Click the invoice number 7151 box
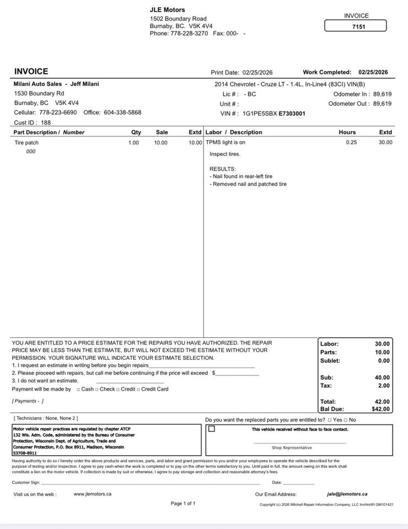pyautogui.click(x=356, y=26)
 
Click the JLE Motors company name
pyautogui.click(x=168, y=10)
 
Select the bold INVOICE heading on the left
pyautogui.click(x=31, y=72)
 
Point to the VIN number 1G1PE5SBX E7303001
pyautogui.click(x=273, y=114)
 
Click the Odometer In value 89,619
pyautogui.click(x=382, y=94)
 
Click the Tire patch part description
pyautogui.click(x=26, y=143)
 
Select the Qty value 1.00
pyautogui.click(x=133, y=143)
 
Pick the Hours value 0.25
pyautogui.click(x=351, y=143)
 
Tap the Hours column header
pyautogui.click(x=347, y=132)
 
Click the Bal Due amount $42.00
pyautogui.click(x=380, y=409)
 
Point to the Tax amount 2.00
pyautogui.click(x=383, y=386)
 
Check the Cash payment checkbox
pyautogui.click(x=78, y=390)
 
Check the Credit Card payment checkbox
pyautogui.click(x=138, y=390)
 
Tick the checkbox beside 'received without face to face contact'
pyautogui.click(x=212, y=429)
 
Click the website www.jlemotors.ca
pyautogui.click(x=93, y=494)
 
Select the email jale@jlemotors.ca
pyautogui.click(x=347, y=494)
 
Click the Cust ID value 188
pyautogui.click(x=46, y=122)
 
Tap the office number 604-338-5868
pyautogui.click(x=122, y=112)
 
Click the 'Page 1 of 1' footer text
pyautogui.click(x=183, y=504)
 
